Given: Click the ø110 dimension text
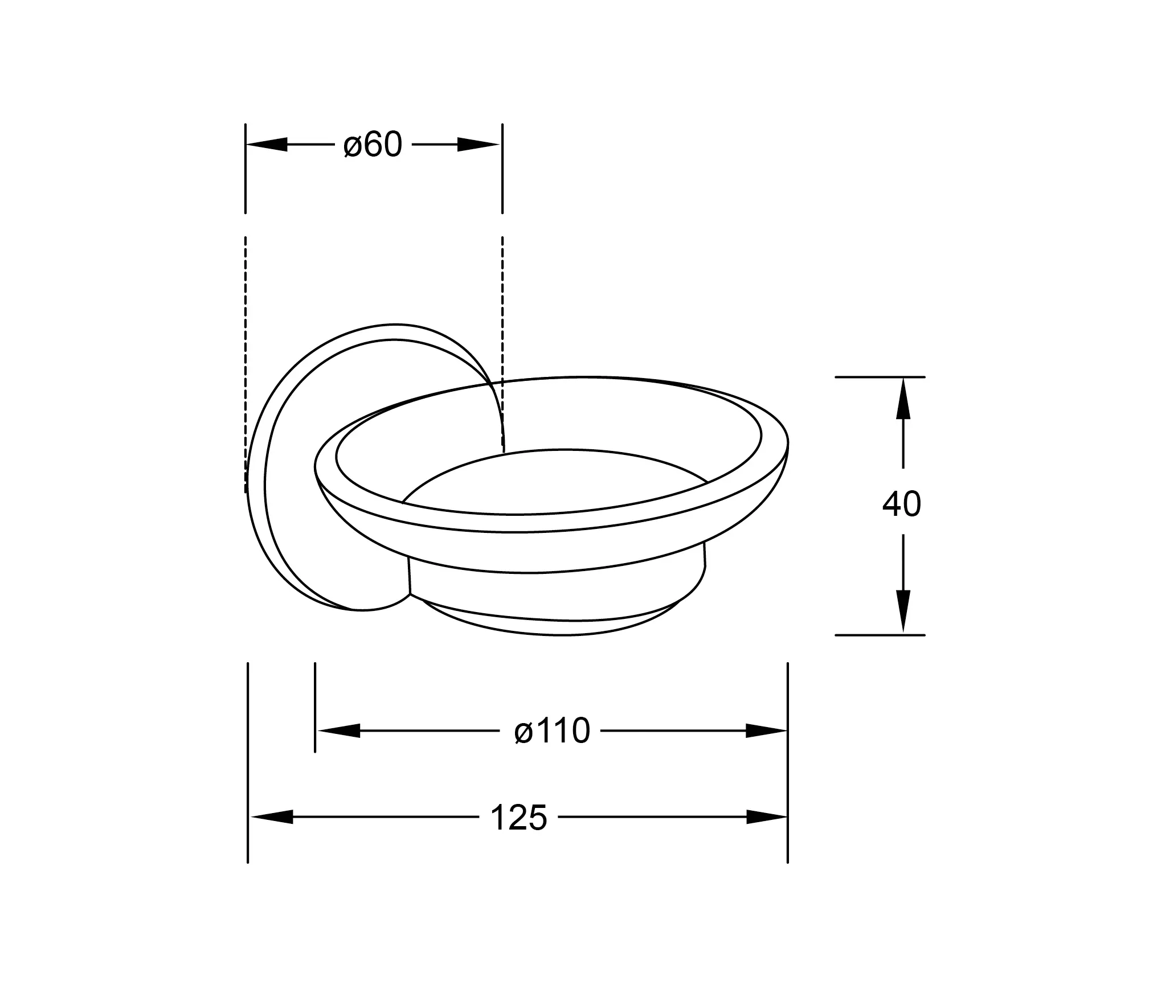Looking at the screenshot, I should coord(551,730).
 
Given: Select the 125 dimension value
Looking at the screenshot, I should coord(518,818).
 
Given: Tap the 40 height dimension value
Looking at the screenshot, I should coord(901,504).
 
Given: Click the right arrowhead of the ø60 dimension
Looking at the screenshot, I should coord(479,145).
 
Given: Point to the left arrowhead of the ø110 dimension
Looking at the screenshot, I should coord(338,730).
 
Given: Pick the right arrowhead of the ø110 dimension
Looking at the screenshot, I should coord(766,730).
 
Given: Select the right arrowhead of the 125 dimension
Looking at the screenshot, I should coord(766,817).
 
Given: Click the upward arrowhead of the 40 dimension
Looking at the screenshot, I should coord(903,399).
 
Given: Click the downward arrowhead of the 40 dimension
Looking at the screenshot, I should coord(903,611).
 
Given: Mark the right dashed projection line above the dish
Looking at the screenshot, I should coord(502,319).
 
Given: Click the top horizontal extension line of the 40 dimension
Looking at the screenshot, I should coord(880,377).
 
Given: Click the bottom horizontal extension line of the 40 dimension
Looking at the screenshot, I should coord(880,635).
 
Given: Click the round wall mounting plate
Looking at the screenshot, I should coord(285,512).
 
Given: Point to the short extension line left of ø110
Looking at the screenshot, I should coord(315,706).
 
